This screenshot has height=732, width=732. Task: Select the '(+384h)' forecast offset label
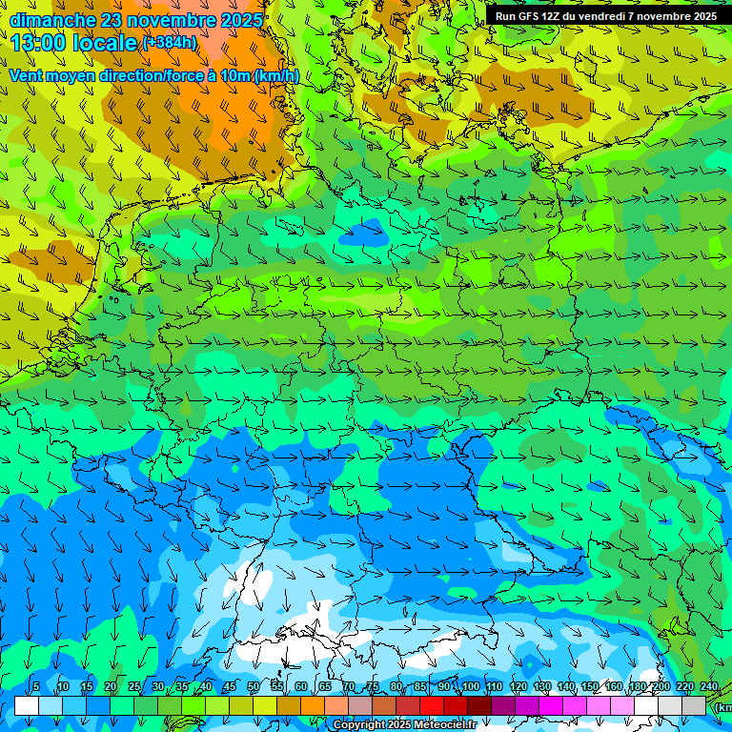[x=170, y=42]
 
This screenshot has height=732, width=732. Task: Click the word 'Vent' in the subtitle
[x=29, y=76]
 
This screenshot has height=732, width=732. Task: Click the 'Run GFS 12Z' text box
[x=607, y=15]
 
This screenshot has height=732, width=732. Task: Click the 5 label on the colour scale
[x=35, y=686]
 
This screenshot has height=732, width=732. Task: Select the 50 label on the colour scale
[x=254, y=686]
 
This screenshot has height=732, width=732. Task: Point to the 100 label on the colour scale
[x=470, y=686]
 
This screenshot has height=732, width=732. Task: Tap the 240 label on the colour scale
[x=708, y=686]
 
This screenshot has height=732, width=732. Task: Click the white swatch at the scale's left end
[x=27, y=705]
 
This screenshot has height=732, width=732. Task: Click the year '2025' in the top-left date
[x=242, y=20]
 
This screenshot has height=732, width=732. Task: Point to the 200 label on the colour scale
[x=661, y=686]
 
